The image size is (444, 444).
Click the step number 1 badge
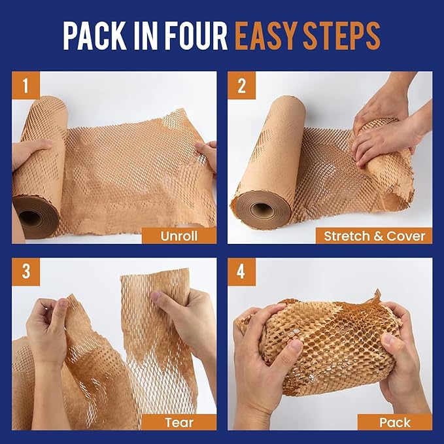click(x=26, y=85)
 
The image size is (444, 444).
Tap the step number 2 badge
click(x=242, y=85)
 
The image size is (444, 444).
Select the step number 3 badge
click(x=26, y=271)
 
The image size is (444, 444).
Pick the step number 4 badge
click(x=242, y=271)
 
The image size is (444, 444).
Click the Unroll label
click(x=179, y=235)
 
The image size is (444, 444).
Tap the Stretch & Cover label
click(x=374, y=235)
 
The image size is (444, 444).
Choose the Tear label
click(x=179, y=422)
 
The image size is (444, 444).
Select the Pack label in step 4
click(x=394, y=422)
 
